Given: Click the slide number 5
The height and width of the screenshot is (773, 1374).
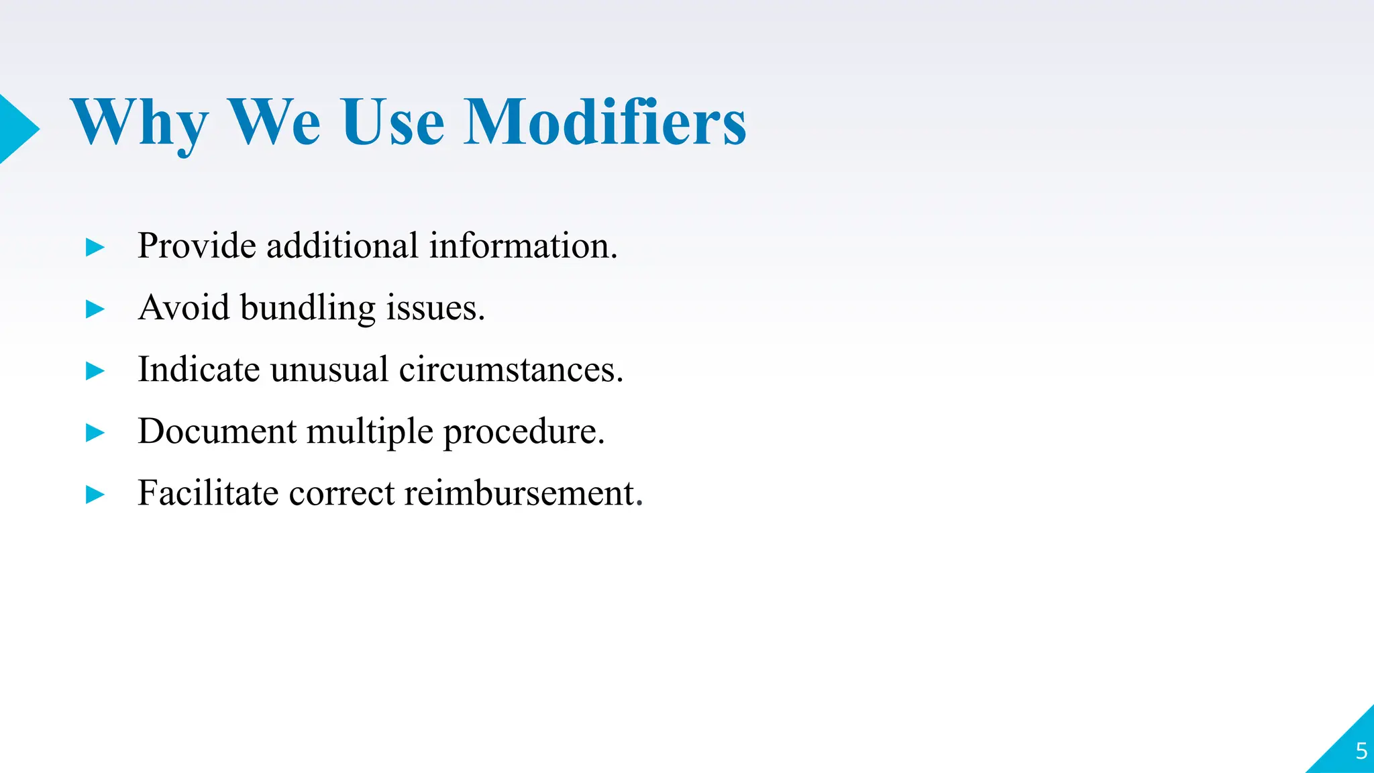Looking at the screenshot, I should tap(1361, 751).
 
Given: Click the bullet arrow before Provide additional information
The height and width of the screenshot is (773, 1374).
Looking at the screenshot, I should tap(95, 248).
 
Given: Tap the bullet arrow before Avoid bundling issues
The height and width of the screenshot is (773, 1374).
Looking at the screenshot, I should tap(95, 309).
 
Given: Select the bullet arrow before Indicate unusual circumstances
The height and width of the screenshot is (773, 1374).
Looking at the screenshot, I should tap(95, 371).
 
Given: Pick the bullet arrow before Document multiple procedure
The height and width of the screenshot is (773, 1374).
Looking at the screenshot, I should tap(95, 433).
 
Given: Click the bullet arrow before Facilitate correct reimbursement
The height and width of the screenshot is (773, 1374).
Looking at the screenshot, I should tap(95, 495).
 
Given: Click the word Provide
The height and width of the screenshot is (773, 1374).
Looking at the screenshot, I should tap(197, 246).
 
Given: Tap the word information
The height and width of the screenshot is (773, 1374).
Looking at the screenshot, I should tap(523, 246).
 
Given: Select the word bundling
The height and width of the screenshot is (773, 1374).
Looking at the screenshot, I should tap(308, 309).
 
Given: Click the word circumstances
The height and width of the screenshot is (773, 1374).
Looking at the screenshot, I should tap(511, 369).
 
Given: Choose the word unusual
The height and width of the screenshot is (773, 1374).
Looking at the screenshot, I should tap(329, 369).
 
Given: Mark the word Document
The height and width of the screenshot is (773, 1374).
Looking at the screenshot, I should tap(217, 431).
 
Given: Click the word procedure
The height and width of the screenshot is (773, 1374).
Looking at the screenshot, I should tap(523, 432).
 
